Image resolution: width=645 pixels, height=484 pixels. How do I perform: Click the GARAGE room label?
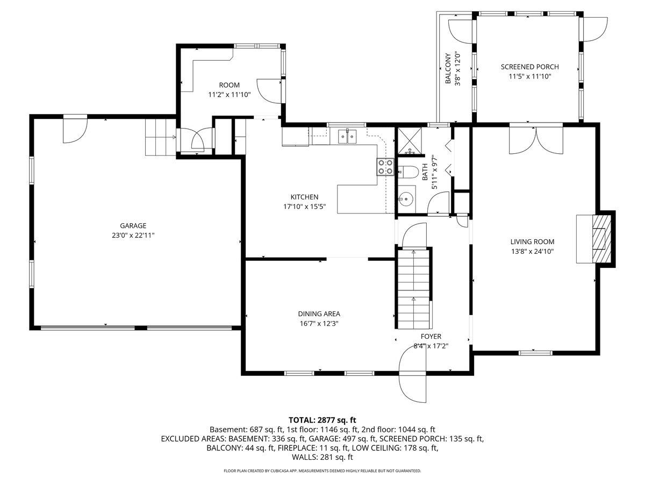click(x=133, y=226)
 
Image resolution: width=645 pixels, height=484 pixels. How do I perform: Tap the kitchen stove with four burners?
click(x=384, y=167)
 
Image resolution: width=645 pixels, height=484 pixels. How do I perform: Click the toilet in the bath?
click(x=408, y=172)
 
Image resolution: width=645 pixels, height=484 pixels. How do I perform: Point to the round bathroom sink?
click(x=406, y=199)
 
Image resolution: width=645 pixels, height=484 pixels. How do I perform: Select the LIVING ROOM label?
click(x=532, y=242)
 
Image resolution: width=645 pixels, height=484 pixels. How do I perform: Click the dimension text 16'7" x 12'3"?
click(x=319, y=323)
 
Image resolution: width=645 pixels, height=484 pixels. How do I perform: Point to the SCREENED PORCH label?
click(x=529, y=67)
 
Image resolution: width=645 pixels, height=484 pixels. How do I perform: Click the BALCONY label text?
click(x=447, y=69)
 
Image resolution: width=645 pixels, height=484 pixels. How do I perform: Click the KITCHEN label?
click(x=304, y=197)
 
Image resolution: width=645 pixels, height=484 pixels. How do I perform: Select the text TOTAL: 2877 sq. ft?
click(x=322, y=419)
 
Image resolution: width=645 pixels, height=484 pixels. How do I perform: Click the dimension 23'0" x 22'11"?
click(x=133, y=235)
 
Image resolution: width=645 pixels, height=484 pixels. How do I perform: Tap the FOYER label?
click(x=431, y=337)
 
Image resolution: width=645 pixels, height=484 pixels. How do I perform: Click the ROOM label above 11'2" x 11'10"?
click(x=229, y=85)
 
